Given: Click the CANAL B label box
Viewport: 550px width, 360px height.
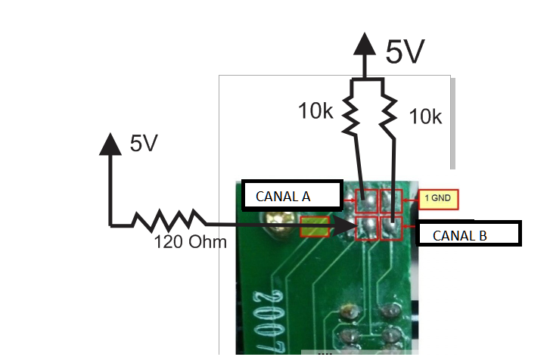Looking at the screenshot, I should pos(469,234).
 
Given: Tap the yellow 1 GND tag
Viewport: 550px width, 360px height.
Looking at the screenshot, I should pos(438,198).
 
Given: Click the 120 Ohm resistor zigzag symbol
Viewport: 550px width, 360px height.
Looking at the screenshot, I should pos(168,220).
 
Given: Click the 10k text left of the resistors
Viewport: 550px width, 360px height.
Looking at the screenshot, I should pos(315,111).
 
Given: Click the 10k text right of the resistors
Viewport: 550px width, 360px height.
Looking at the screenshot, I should pos(425,116).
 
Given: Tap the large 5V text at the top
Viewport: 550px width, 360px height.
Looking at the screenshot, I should pos(405,52).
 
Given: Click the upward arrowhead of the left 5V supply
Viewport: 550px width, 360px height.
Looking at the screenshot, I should pos(111,144).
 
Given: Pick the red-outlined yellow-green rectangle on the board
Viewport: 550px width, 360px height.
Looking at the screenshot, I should pos(315,226).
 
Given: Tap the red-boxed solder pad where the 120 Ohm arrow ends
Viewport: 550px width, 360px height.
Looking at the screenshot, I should pos(366,226).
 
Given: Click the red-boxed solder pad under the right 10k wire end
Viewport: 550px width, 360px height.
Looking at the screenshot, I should pos(391,226).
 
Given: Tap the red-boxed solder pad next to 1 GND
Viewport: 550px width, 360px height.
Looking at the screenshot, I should pos(391,200).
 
